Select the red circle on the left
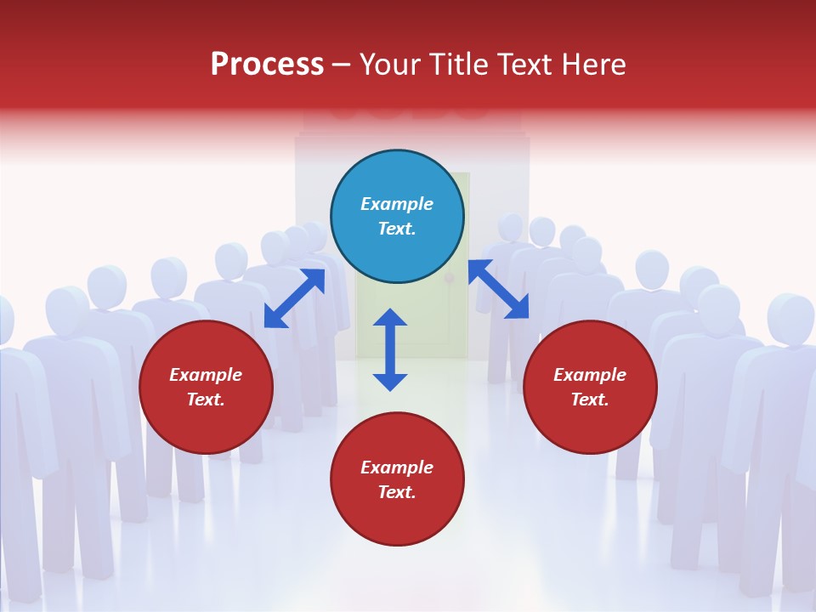[x=206, y=387]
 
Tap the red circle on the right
[x=590, y=387]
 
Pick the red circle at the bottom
[x=397, y=479]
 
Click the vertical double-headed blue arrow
[x=390, y=349]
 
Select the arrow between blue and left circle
[x=294, y=298]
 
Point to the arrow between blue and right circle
[x=498, y=289]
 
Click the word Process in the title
[x=267, y=65]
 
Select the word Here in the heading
[x=593, y=65]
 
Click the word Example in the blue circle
[x=397, y=204]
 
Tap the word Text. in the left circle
[x=206, y=399]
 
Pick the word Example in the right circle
[x=590, y=375]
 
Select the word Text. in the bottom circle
[x=397, y=492]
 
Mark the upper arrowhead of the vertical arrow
[x=390, y=319]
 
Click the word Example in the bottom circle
[x=397, y=467]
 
